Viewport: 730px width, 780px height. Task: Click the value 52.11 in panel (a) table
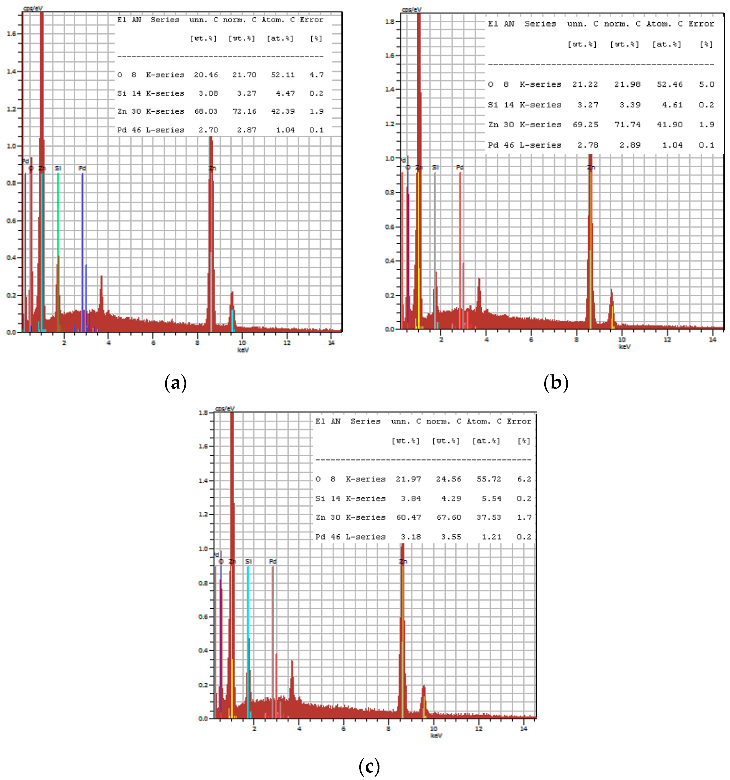pyautogui.click(x=282, y=75)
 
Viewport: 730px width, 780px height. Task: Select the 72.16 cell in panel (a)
pyautogui.click(x=244, y=111)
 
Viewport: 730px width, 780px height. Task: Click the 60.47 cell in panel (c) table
pyautogui.click(x=408, y=517)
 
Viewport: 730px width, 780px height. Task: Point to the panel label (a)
pyautogui.click(x=175, y=382)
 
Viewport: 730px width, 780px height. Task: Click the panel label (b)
pyautogui.click(x=555, y=382)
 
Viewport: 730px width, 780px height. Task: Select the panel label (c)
pyautogui.click(x=369, y=766)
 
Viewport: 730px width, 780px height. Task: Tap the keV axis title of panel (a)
pyautogui.click(x=243, y=350)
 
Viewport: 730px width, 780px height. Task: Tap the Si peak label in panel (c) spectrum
pyautogui.click(x=248, y=561)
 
